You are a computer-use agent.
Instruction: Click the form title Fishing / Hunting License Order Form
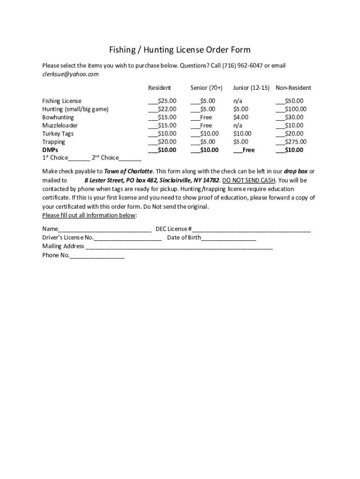(180, 50)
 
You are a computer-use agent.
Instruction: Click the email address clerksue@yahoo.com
(71, 74)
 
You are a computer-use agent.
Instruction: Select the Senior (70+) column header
(206, 88)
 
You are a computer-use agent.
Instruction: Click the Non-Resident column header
(293, 88)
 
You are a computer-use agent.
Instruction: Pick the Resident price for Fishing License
(162, 101)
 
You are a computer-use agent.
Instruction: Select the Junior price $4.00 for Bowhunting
(241, 117)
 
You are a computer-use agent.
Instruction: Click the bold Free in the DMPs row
(244, 150)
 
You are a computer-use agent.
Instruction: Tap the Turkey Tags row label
(58, 134)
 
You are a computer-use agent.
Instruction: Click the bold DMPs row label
(50, 150)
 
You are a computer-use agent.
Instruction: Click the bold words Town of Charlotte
(128, 171)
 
